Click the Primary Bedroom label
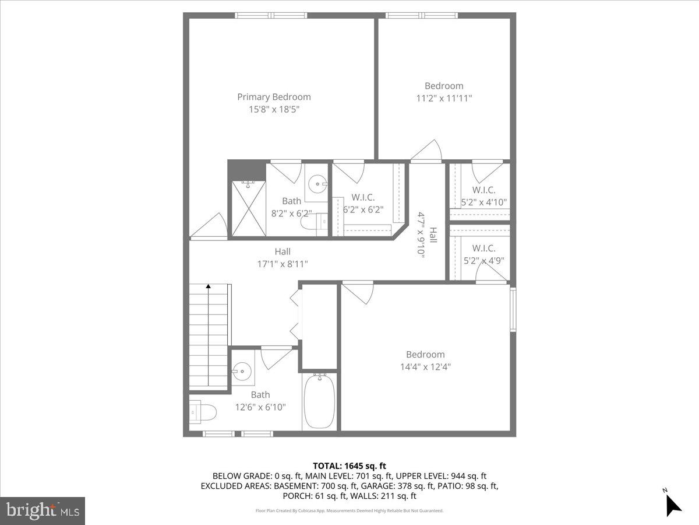[274, 97]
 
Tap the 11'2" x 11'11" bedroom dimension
[444, 99]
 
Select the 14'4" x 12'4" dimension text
[425, 367]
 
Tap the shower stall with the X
[248, 208]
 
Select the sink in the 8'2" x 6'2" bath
[317, 185]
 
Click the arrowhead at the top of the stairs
[209, 286]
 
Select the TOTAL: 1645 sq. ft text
[349, 466]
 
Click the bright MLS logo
[43, 511]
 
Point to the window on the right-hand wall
[513, 309]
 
